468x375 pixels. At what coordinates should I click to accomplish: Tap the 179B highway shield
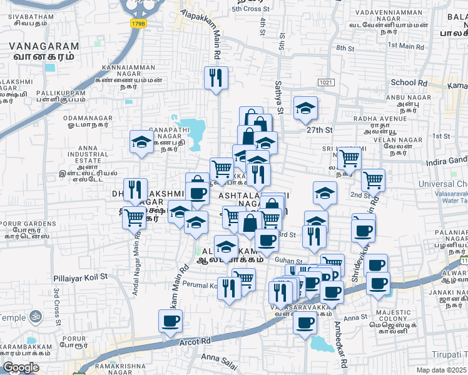coord(138,23)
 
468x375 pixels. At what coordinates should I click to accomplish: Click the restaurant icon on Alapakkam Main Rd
coord(215,78)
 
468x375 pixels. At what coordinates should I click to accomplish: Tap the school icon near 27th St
coord(305,109)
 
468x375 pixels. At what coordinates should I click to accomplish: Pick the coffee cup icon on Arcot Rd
coord(170,321)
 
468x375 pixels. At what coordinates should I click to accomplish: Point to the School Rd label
coord(409,82)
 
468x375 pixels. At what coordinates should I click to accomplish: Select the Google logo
coord(21,367)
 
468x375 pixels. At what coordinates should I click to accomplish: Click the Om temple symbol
coord(35,317)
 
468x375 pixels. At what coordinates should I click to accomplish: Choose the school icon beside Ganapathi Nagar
coord(141,142)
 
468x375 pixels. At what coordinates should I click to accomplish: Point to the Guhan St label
coord(288,262)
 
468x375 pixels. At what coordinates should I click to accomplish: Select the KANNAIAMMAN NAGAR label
coord(128,69)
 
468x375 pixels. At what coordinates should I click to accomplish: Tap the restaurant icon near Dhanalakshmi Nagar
coord(135,189)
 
